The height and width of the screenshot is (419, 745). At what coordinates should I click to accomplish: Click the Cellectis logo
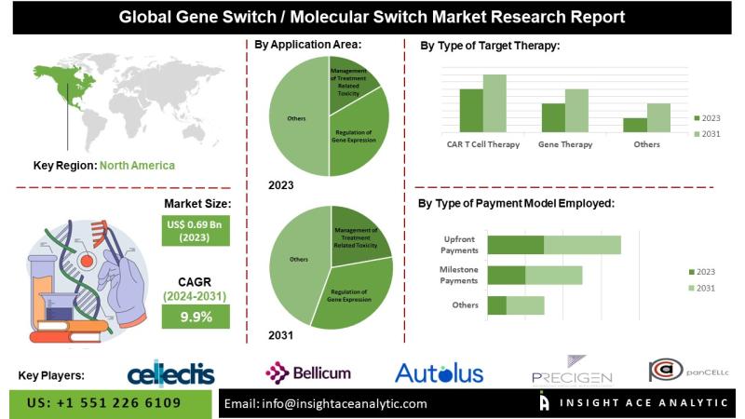pos(170,374)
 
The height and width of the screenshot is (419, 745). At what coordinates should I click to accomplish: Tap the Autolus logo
pos(440,373)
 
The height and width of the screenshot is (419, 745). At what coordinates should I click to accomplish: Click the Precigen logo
pos(572,372)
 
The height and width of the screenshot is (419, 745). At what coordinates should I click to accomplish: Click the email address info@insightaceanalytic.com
pos(326,403)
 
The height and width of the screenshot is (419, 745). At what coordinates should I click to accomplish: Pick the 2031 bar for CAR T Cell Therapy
pos(494,102)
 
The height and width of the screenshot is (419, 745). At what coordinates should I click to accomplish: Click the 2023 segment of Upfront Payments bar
pos(516,245)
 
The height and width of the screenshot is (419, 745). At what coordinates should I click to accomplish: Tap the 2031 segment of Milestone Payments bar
pos(554,276)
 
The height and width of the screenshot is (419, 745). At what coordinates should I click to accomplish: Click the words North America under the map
pos(137,165)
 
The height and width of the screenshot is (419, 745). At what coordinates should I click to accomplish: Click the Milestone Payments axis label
pos(458,275)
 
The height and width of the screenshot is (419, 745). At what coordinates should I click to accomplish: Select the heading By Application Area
pos(308,44)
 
